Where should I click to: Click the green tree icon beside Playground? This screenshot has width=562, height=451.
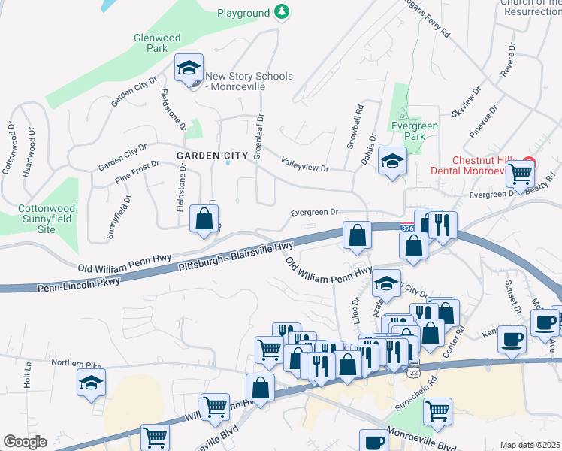tap(281, 13)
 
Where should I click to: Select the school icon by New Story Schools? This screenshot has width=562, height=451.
tap(189, 69)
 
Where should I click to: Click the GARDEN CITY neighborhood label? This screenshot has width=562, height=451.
tap(212, 156)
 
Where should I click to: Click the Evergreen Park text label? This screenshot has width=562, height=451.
tap(408, 132)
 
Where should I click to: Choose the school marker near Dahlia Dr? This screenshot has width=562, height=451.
tap(391, 161)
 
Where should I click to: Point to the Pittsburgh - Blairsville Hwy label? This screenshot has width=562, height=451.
tap(235, 257)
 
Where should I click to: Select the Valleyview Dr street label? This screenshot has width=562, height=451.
tap(305, 165)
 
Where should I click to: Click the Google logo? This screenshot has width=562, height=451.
tap(25, 442)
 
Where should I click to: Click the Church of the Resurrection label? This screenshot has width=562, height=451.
tap(531, 8)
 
